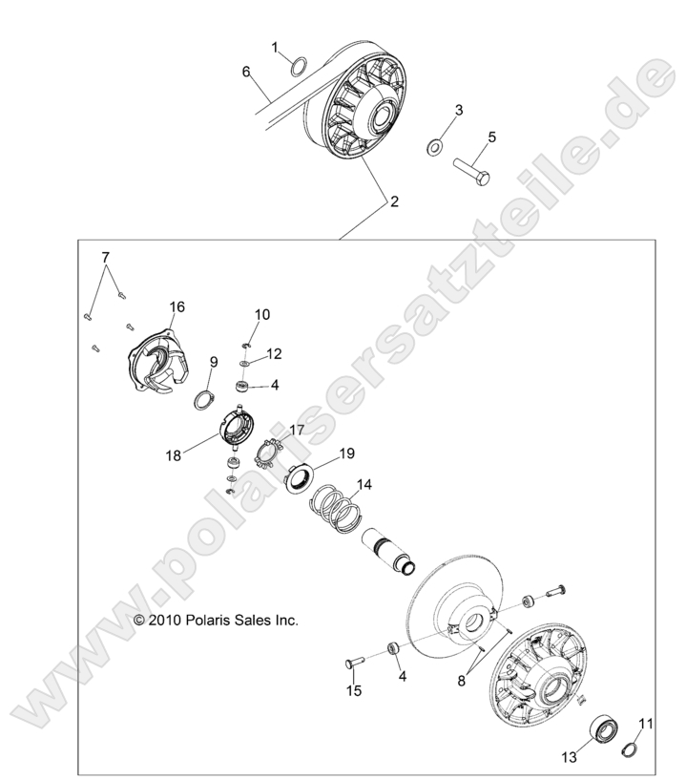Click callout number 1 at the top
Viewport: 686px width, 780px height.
(x=275, y=47)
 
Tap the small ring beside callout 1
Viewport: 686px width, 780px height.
(x=297, y=66)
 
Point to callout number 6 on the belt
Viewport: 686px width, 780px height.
(x=246, y=72)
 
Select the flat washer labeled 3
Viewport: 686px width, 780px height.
(x=433, y=147)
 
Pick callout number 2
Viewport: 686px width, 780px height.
(x=390, y=201)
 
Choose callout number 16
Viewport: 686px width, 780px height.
(x=177, y=306)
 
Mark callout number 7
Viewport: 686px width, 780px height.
(x=106, y=257)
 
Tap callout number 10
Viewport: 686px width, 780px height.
(x=262, y=314)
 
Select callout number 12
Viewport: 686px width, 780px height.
(x=274, y=353)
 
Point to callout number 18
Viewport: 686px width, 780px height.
(x=173, y=456)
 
